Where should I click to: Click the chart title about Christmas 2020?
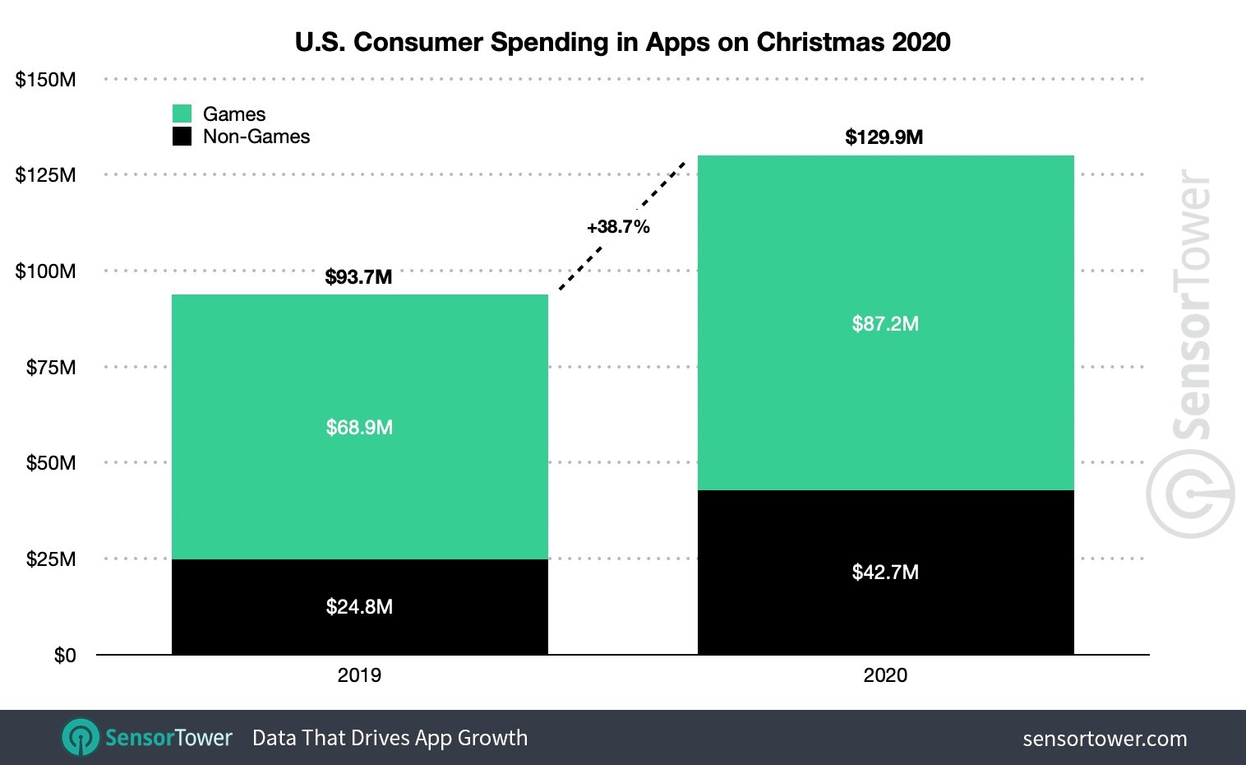pos(622,42)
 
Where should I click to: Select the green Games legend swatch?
pos(182,114)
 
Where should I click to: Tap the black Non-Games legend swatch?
pos(182,137)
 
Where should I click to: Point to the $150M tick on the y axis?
pos(45,80)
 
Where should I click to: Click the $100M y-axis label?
pos(45,271)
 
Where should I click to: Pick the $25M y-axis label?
pos(50,559)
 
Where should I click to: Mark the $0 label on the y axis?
pos(64,656)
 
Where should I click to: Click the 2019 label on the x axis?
pos(359,675)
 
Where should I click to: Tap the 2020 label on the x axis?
pos(885,675)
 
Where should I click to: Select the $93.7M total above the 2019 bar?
pos(358,277)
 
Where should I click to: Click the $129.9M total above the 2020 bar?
pos(884,137)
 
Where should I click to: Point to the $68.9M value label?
pos(359,428)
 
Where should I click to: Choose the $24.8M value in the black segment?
pos(359,607)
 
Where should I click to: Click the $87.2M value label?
pos(885,324)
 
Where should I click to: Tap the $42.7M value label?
pos(885,573)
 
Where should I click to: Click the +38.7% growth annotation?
pos(618,227)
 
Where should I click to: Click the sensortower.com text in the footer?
pos(1105,739)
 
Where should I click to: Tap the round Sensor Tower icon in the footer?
pos(81,737)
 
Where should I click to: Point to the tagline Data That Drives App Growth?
pos(390,738)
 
